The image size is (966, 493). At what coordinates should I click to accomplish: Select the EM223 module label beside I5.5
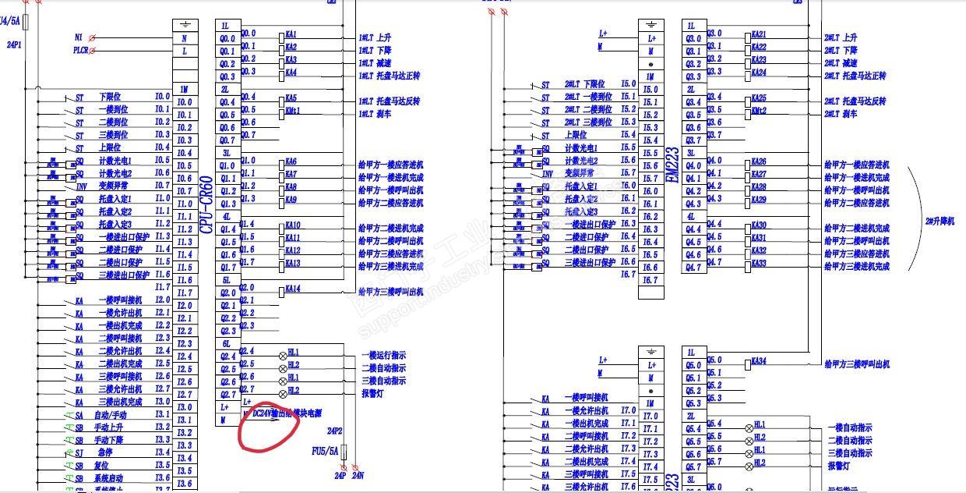[x=673, y=165]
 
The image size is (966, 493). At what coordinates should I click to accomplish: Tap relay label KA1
[x=291, y=35]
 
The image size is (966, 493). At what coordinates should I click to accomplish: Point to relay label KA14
[x=293, y=289]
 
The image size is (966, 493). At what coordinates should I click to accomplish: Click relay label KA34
[x=760, y=361]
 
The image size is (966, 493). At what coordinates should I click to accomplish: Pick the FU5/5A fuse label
[x=325, y=451]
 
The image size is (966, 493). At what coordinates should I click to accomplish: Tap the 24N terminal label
[x=358, y=475]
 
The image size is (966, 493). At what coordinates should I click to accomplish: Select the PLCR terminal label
[x=81, y=51]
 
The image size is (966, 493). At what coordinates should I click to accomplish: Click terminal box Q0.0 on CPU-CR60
[x=227, y=38]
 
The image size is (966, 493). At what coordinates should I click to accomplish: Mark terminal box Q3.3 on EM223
[x=693, y=76]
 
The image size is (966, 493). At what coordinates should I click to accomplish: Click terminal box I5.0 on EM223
[x=650, y=90]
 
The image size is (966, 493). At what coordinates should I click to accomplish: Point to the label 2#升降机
[x=938, y=221]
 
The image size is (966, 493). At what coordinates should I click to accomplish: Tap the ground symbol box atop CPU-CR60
[x=184, y=25]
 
